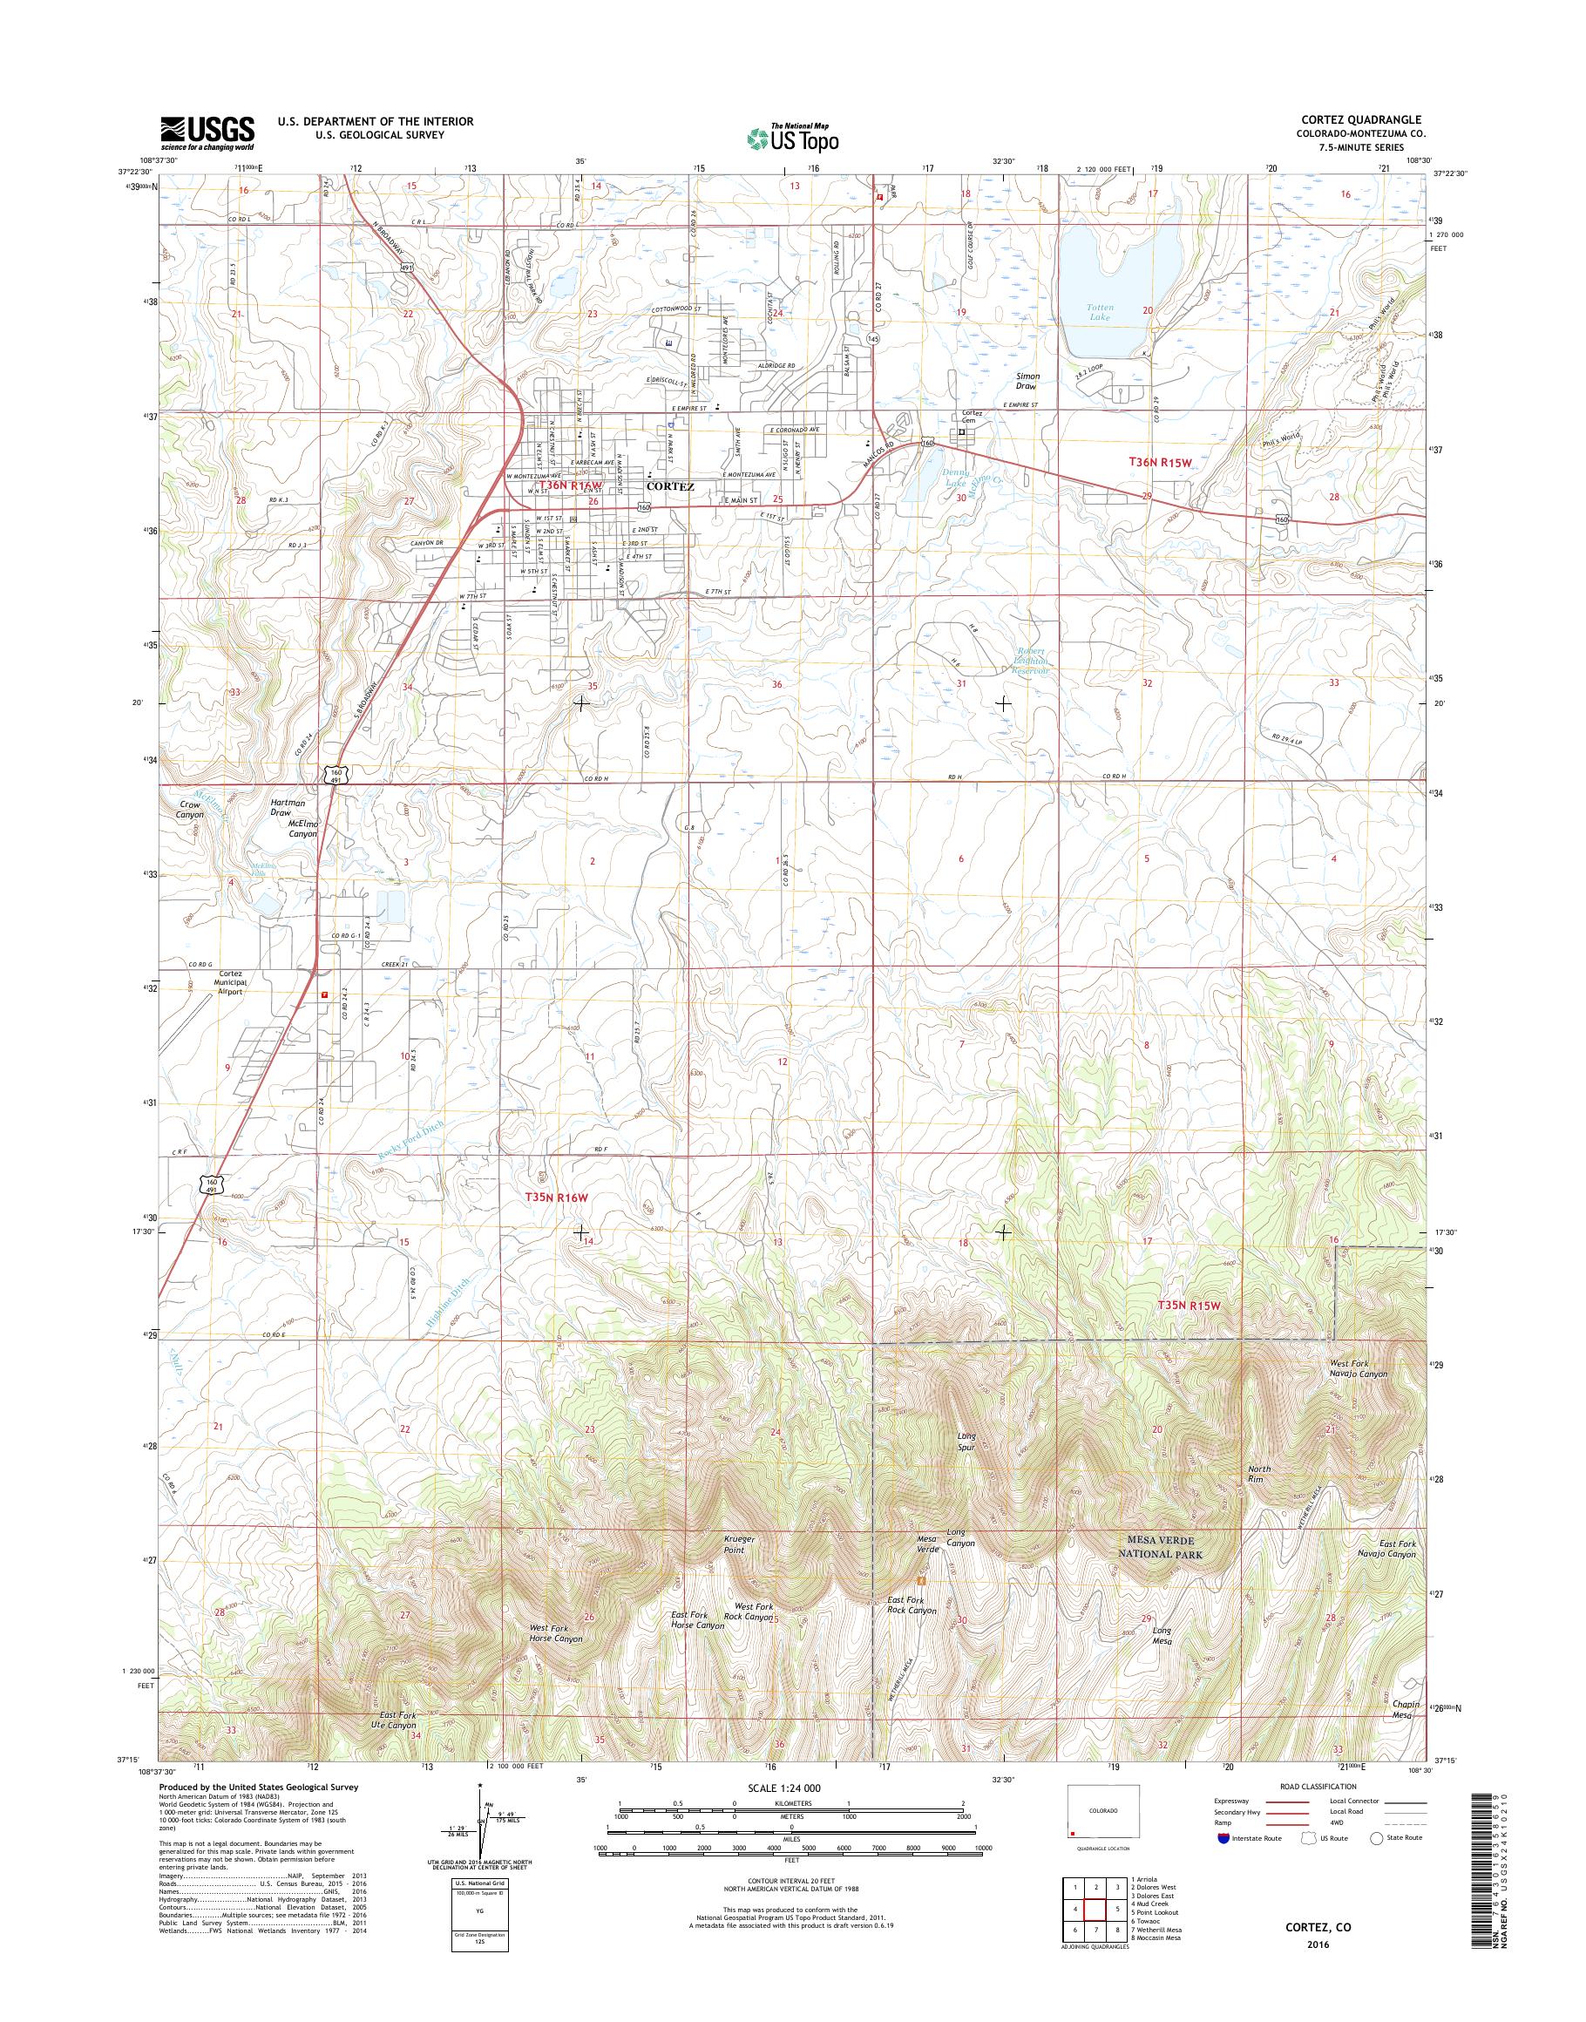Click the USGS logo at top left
tap(207, 132)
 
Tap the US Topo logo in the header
tap(793, 139)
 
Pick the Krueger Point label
tap(740, 1544)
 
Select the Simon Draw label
tap(1027, 381)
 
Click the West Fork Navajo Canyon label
tap(1359, 1368)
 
